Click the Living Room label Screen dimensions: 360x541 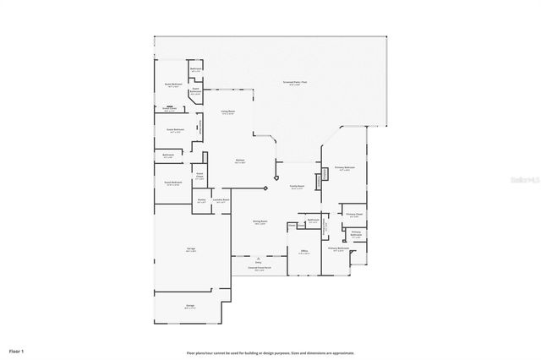pos(228,112)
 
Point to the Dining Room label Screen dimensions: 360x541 pos(260,222)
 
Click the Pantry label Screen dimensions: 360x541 pos(201,201)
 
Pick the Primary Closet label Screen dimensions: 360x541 pos(354,215)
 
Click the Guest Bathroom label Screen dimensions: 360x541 pos(195,90)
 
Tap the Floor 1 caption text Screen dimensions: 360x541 pos(17,350)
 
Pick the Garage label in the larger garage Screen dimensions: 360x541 pos(191,248)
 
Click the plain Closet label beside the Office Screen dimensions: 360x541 pos(291,225)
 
